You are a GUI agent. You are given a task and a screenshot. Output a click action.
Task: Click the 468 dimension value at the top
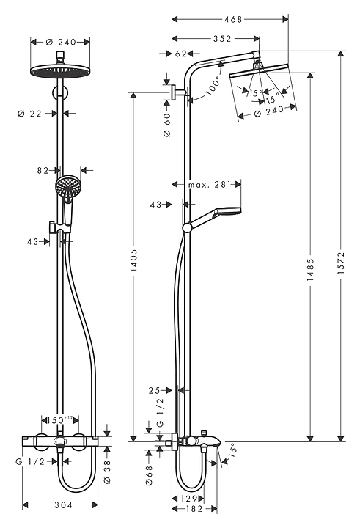coord(233,20)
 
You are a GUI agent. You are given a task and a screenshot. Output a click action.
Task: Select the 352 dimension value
coord(222,39)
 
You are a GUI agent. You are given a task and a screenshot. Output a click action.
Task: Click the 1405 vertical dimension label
coord(134,260)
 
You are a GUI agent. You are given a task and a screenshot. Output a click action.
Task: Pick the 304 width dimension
coord(63,505)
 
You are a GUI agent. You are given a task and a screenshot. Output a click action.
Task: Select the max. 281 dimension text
coord(209,185)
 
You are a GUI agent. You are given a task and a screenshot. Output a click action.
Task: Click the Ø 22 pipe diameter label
coord(29,114)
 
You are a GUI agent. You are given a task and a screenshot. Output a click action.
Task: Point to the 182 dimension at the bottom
coord(194,509)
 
